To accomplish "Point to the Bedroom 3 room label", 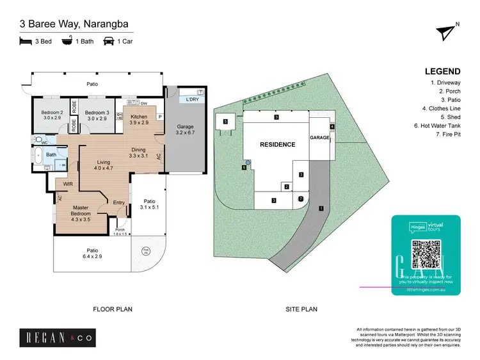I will pyautogui.click(x=96, y=115).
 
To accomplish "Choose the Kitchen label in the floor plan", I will pyautogui.click(x=139, y=119).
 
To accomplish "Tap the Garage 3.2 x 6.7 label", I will pyautogui.click(x=185, y=130).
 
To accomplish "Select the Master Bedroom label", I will pyautogui.click(x=81, y=210).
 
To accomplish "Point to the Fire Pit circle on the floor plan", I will pyautogui.click(x=145, y=250).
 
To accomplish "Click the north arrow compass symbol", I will pyautogui.click(x=445, y=33).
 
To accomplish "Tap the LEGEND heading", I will pyautogui.click(x=442, y=71).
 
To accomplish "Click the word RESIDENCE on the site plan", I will pyautogui.click(x=277, y=145).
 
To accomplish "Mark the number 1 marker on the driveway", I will pyautogui.click(x=321, y=208).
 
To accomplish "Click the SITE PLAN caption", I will pyautogui.click(x=301, y=309).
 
